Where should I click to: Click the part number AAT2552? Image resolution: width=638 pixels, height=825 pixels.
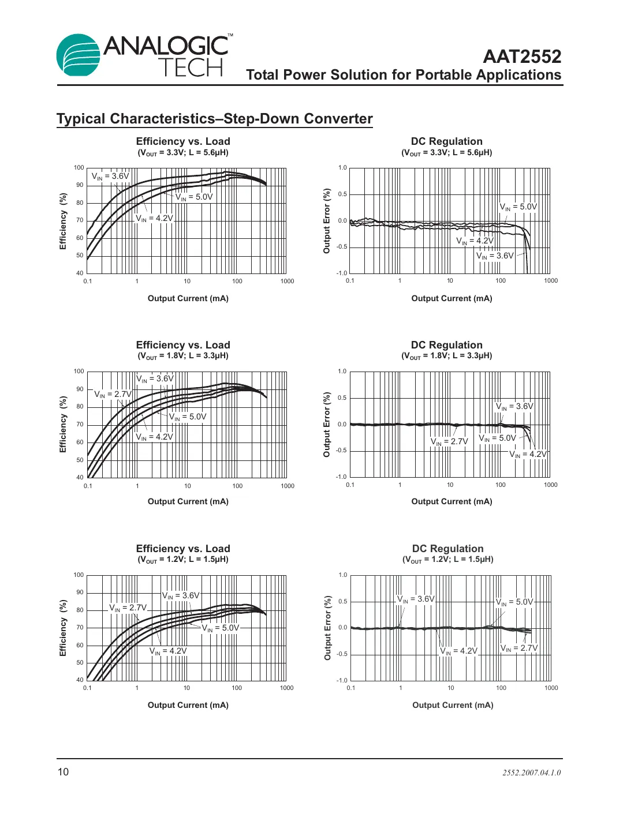[521, 57]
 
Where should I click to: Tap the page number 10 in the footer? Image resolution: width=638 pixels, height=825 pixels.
[63, 772]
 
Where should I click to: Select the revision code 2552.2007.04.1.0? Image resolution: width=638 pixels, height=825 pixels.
[531, 772]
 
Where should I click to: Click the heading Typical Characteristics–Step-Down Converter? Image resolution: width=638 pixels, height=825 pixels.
[214, 119]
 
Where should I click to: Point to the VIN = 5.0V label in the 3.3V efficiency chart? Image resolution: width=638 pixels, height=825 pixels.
[194, 197]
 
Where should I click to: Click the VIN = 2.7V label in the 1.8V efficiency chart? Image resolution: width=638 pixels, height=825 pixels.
[113, 395]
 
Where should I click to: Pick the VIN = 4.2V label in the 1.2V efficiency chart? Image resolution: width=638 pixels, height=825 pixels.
[168, 651]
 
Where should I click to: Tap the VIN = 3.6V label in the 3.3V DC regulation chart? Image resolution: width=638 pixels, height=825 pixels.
[495, 256]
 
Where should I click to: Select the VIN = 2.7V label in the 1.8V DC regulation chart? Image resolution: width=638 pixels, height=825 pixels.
[449, 441]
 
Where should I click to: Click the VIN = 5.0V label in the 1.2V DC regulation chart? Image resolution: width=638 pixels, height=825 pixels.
[514, 602]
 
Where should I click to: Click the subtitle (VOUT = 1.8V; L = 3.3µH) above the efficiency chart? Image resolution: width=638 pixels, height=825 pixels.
[183, 356]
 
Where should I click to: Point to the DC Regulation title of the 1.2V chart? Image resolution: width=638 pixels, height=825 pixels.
[447, 549]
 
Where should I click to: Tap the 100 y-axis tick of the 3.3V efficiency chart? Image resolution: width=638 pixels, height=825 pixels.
[79, 168]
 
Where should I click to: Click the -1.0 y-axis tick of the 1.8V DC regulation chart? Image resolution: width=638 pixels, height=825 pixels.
[341, 477]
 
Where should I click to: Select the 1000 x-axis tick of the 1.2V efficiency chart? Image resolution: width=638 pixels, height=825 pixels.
[286, 688]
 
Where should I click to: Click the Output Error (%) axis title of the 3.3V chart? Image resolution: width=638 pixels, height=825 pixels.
[327, 221]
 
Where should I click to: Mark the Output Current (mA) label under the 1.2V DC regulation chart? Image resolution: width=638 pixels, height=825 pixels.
[453, 705]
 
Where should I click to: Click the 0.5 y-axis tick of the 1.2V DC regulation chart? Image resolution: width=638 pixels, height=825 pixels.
[342, 602]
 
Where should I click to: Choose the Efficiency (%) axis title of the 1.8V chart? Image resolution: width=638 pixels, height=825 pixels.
[64, 424]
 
